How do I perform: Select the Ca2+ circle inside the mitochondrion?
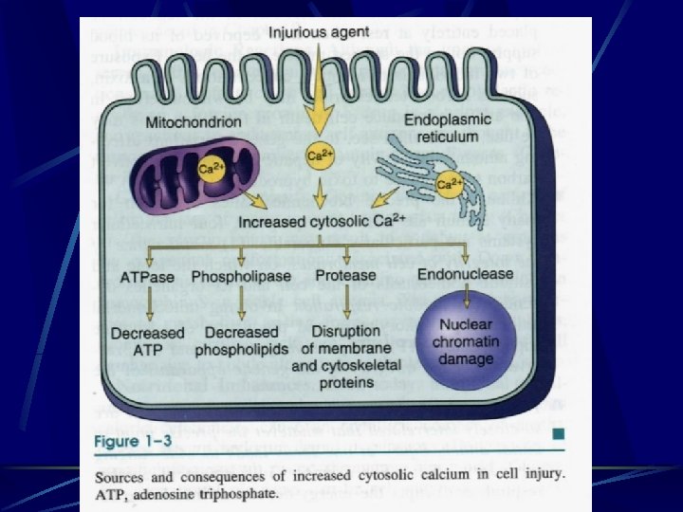[209, 169]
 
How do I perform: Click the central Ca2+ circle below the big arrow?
[319, 155]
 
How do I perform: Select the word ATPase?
[149, 276]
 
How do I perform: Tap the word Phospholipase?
[242, 276]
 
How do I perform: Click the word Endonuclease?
[465, 274]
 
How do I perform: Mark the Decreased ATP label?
[149, 341]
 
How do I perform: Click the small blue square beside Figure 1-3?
[560, 434]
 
